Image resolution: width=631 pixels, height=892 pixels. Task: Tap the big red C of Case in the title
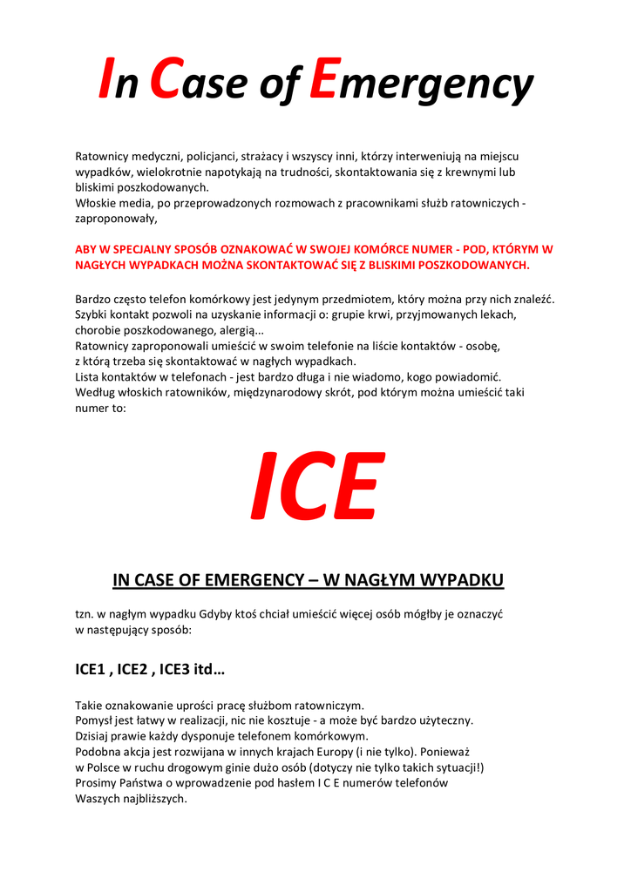tap(166, 79)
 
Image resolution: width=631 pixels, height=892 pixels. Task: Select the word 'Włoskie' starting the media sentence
tap(96, 204)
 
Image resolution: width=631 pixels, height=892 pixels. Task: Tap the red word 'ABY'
tap(87, 249)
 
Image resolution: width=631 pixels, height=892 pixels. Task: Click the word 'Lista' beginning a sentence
tap(89, 377)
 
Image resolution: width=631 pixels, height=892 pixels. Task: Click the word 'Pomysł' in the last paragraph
tap(95, 720)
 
